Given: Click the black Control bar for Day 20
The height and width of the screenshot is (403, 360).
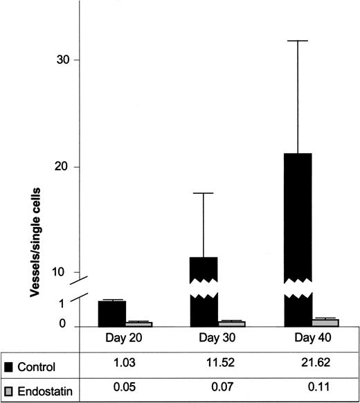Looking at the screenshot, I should [x=111, y=313].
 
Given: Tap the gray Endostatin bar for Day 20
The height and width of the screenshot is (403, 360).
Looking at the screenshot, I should [x=138, y=323].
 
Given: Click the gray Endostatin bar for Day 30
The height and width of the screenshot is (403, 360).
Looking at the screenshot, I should [x=232, y=323].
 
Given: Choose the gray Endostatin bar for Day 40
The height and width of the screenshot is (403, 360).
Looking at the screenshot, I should [x=325, y=323].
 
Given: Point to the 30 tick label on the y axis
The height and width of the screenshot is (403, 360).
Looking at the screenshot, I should [x=63, y=60].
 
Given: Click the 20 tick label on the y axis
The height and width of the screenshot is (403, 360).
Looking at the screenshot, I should [x=63, y=167].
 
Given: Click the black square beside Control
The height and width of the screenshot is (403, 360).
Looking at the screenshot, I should [x=8, y=365].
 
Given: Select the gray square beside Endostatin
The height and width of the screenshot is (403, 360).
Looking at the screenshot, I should [x=8, y=390].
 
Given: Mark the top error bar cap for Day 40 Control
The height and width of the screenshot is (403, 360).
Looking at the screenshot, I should [x=297, y=41].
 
